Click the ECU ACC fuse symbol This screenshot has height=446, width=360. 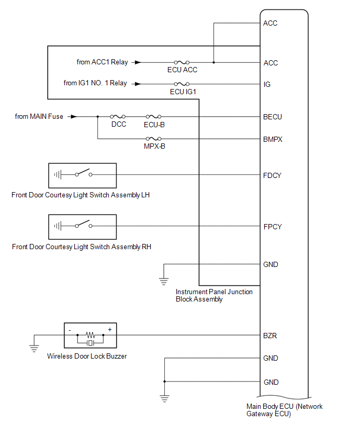[x=182, y=62]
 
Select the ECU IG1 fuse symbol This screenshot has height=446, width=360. [x=182, y=84]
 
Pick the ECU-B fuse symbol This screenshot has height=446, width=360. [x=154, y=117]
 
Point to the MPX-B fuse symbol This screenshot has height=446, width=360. [x=154, y=139]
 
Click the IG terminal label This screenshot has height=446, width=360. [x=267, y=84]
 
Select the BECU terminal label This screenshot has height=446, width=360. [x=272, y=117]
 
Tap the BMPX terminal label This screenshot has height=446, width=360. [x=273, y=139]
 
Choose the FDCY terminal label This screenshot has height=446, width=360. [x=272, y=175]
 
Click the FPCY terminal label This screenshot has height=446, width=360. [x=272, y=227]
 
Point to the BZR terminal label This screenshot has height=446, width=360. [x=270, y=336]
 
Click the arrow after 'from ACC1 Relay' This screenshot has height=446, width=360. [x=137, y=62]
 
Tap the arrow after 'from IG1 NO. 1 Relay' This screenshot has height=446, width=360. [x=137, y=84]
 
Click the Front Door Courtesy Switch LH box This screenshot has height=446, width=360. [x=82, y=175]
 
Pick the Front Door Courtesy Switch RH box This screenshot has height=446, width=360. [x=82, y=226]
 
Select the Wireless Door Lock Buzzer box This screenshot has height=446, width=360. [x=90, y=335]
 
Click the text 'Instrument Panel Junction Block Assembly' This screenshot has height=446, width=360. [x=213, y=295]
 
